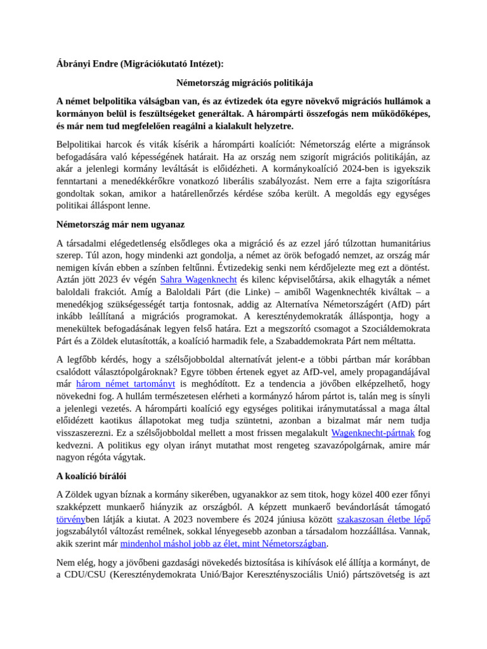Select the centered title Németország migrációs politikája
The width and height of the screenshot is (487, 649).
pyautogui.click(x=244, y=83)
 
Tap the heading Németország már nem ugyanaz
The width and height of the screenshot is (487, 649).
pyautogui.click(x=120, y=224)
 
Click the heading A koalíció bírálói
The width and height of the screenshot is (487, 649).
pyautogui.click(x=95, y=476)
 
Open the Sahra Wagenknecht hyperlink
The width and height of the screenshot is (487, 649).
pyautogui.click(x=198, y=280)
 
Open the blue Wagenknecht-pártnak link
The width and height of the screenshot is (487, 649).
pyautogui.click(x=373, y=434)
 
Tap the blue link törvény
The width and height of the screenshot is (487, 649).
pyautogui.click(x=70, y=520)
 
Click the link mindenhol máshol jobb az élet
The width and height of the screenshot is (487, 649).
pyautogui.click(x=223, y=544)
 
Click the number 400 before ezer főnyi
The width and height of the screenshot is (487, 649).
pyautogui.click(x=368, y=494)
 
